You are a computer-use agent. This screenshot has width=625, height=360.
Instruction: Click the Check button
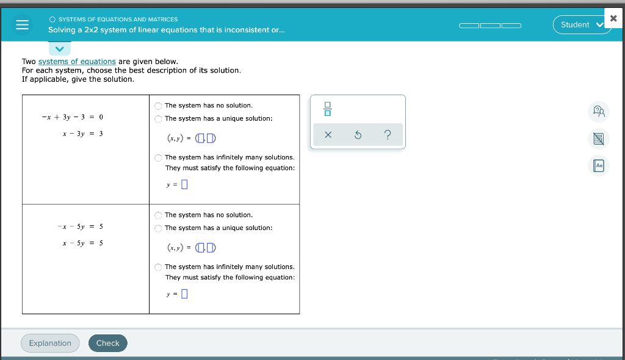pyautogui.click(x=108, y=343)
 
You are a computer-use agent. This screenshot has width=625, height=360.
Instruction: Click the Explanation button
pyautogui.click(x=50, y=343)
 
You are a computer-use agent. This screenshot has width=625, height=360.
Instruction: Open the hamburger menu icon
pyautogui.click(x=23, y=25)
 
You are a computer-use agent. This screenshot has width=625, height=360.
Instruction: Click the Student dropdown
pyautogui.click(x=581, y=24)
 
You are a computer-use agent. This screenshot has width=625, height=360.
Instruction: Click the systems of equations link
pyautogui.click(x=77, y=62)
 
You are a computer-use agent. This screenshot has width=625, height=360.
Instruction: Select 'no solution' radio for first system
pyautogui.click(x=159, y=106)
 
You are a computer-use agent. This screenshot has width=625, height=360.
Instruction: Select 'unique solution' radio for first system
pyautogui.click(x=159, y=119)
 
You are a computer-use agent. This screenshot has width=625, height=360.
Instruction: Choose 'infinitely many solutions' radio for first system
pyautogui.click(x=159, y=158)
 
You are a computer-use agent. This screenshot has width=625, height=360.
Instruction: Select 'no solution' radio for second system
pyautogui.click(x=159, y=215)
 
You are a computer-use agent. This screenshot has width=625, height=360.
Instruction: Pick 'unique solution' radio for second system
pyautogui.click(x=159, y=228)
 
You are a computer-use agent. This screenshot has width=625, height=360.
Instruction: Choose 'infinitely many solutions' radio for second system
pyautogui.click(x=159, y=267)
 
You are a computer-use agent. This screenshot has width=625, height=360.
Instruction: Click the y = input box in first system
pyautogui.click(x=184, y=184)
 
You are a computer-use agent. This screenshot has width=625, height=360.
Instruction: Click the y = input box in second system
pyautogui.click(x=184, y=294)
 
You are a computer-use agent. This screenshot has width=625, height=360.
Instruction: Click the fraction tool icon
pyautogui.click(x=328, y=109)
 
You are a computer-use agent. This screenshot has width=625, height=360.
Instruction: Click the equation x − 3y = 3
pyautogui.click(x=82, y=133)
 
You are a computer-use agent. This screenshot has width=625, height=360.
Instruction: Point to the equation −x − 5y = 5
pyautogui.click(x=81, y=226)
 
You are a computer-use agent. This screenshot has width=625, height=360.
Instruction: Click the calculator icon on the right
pyautogui.click(x=599, y=139)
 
